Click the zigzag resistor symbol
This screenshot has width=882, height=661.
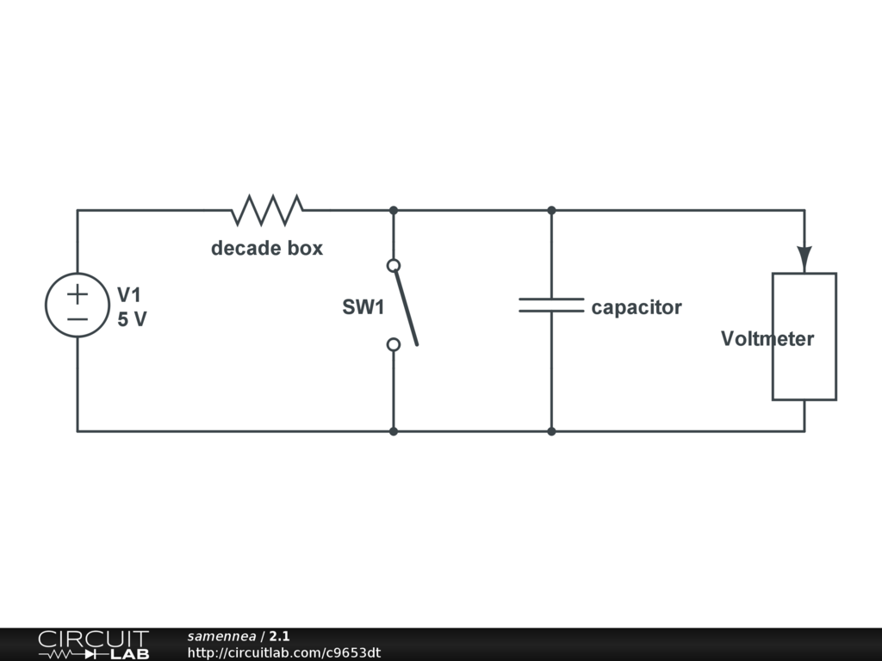pos(267,209)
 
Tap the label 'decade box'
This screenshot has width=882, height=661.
pos(267,249)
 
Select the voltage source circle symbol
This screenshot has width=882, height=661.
pos(78,306)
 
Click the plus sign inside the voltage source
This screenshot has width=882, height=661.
pos(78,294)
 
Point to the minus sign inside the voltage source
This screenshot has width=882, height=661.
pos(78,318)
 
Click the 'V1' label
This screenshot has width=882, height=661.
pos(129,294)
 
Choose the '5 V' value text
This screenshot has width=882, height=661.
pos(132,319)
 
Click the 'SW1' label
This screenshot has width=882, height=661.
pos(363,307)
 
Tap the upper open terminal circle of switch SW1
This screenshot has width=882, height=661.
pos(394,266)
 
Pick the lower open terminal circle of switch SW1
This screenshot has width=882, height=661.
pos(394,344)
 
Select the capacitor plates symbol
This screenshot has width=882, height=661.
pos(551,305)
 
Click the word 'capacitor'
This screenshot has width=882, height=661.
pos(637,307)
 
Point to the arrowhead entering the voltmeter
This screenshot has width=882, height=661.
pos(804,257)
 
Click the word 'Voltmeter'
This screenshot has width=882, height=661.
pos(767,339)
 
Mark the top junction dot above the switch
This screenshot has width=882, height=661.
pos(394,210)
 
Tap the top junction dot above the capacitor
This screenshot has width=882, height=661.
pos(551,210)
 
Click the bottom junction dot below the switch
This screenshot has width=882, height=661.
pos(394,430)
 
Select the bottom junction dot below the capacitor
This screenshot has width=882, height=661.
pos(551,430)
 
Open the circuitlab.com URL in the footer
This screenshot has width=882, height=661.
pos(284,652)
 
